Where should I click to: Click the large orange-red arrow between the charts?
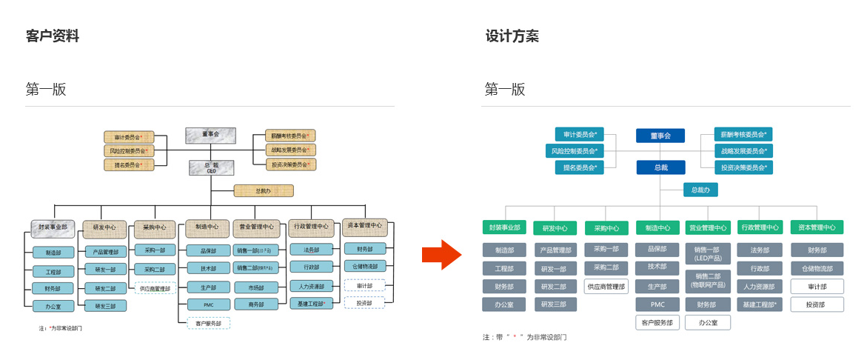(441, 255)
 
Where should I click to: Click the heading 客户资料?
(53, 36)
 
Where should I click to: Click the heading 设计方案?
(512, 36)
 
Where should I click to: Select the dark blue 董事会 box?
(660, 136)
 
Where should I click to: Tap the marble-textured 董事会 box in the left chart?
(211, 135)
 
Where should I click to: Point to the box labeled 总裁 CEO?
(211, 167)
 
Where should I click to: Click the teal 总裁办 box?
(700, 190)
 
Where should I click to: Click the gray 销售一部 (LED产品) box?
(708, 253)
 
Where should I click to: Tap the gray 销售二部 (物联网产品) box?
(708, 280)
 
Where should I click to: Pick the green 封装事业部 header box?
(504, 227)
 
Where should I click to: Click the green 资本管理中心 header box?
(817, 227)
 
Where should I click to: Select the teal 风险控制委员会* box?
(575, 151)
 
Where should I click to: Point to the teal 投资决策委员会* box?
(743, 167)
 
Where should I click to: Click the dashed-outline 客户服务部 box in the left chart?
(208, 323)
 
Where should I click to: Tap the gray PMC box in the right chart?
(657, 304)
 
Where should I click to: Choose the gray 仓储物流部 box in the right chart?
(817, 268)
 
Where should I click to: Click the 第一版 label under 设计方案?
(505, 90)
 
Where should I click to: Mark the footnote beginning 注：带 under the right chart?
(524, 337)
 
